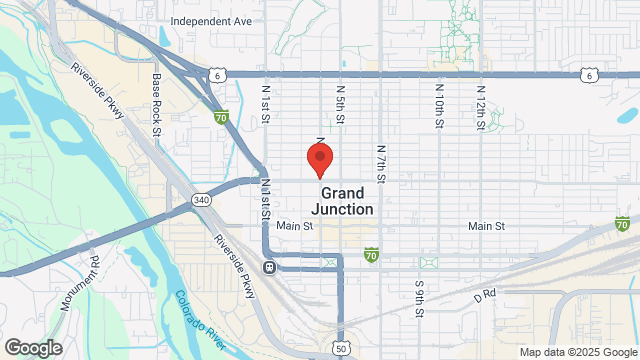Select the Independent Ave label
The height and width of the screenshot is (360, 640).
(x=212, y=20)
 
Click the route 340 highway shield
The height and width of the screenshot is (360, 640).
(x=202, y=200)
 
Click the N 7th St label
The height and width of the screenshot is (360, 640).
(x=381, y=159)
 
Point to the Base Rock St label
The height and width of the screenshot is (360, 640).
(x=157, y=105)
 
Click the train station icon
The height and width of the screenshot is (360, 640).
(x=269, y=267)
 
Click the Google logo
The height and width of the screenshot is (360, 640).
(x=32, y=348)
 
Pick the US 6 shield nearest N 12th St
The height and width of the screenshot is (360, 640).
(x=592, y=74)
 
